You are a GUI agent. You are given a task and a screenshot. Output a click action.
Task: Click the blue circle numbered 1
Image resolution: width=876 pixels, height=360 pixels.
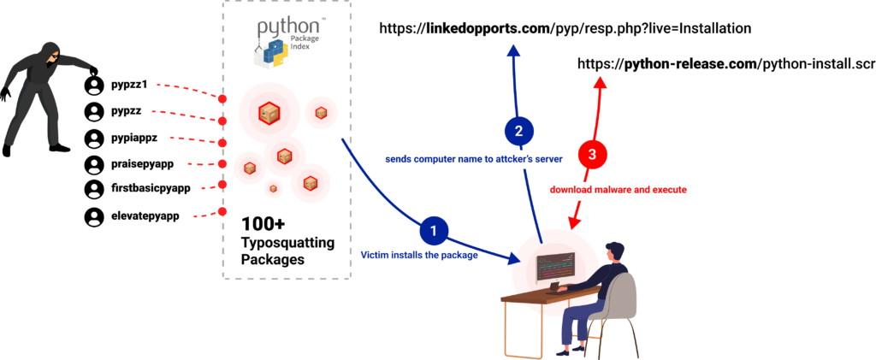(x=435, y=230)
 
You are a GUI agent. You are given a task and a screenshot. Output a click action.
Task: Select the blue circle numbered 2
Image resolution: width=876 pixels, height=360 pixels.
(x=519, y=132)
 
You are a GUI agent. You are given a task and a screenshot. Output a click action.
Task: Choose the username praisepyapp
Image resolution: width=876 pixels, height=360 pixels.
(x=143, y=163)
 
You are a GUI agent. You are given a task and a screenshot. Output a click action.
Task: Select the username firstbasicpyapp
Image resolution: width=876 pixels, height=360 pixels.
(x=151, y=187)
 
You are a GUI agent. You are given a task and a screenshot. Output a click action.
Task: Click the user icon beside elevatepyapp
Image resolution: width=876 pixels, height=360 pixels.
(x=95, y=216)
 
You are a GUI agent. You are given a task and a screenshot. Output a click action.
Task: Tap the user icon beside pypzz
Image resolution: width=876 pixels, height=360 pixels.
(x=95, y=112)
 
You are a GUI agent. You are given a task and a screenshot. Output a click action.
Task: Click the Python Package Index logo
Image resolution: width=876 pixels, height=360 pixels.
(x=287, y=44)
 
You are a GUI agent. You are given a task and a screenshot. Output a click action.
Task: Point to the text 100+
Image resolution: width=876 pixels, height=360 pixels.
(x=263, y=224)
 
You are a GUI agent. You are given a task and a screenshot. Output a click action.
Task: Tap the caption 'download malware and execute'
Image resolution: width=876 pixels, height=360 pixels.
(x=618, y=190)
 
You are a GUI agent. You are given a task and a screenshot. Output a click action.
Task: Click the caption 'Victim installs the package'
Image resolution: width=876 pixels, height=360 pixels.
(x=419, y=256)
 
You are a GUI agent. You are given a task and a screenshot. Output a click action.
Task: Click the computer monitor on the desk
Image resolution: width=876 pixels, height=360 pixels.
(x=555, y=268)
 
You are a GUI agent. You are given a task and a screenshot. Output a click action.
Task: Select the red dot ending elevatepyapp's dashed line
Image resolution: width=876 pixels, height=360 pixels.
(x=222, y=211)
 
